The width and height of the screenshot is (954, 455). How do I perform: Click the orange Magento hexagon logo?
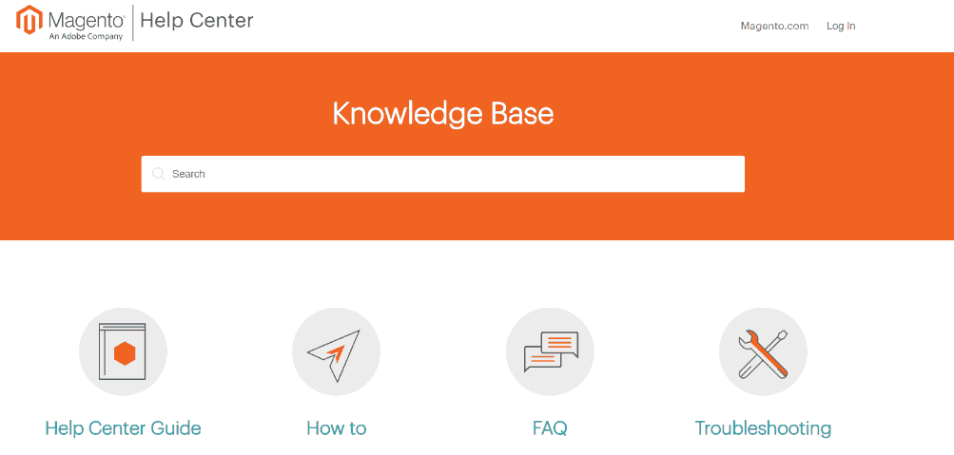(29, 20)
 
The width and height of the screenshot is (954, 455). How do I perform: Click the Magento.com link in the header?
(774, 26)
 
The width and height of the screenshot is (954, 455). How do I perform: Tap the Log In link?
(841, 26)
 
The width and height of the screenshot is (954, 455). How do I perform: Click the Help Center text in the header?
(197, 20)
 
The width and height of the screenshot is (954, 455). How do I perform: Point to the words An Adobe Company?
(86, 36)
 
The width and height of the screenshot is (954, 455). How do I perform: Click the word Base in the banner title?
(521, 114)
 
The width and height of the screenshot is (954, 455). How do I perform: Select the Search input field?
(443, 174)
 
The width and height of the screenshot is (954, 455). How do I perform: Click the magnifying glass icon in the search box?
(159, 175)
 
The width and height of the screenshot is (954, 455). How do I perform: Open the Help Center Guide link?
(123, 428)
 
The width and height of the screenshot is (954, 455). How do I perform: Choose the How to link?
(337, 428)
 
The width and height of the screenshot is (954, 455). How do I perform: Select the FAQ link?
(550, 428)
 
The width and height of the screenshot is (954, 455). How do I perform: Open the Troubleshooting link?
(763, 429)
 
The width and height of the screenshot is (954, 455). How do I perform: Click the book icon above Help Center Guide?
(123, 351)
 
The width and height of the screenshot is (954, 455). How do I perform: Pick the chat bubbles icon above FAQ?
(550, 351)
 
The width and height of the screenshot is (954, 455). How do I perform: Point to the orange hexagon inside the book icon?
(125, 353)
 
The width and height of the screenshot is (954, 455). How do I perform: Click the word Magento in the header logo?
(87, 20)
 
